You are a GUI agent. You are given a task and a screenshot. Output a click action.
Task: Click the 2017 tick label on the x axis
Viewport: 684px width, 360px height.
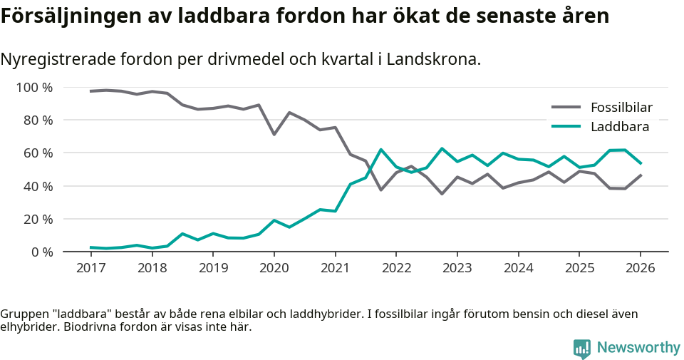pos(90,268)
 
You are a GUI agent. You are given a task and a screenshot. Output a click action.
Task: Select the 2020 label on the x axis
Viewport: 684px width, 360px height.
pos(274,268)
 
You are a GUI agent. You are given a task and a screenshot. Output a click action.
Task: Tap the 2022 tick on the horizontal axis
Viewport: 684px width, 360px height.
pos(395,268)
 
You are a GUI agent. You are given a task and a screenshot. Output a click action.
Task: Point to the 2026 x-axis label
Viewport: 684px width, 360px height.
pos(640,268)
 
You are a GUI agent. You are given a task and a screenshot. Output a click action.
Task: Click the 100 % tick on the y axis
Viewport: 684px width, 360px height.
pos(34,88)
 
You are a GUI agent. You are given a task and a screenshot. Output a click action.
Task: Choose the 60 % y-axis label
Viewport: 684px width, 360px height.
pos(37,153)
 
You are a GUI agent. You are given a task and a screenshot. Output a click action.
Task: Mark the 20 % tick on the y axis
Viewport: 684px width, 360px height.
pos(37,219)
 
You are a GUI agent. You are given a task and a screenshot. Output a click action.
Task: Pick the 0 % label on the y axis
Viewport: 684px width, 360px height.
pos(41,252)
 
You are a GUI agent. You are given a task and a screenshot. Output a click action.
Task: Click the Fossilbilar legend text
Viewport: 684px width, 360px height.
pos(621,108)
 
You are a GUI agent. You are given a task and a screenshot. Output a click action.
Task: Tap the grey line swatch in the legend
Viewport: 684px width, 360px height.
pos(567,108)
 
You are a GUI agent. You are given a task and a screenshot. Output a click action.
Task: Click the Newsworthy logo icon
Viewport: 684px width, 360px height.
pos(581,348)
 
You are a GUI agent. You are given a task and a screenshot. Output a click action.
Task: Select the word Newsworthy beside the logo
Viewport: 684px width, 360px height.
pos(638,348)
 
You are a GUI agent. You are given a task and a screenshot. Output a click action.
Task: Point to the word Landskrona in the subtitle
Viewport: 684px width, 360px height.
pos(437,59)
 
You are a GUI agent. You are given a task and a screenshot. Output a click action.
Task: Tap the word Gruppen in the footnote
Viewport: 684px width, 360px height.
pos(24,314)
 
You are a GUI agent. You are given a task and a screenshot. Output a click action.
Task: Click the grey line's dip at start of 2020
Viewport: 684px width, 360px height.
pos(274,134)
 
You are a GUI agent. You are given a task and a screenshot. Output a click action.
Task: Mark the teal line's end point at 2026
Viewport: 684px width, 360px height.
pos(640,163)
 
